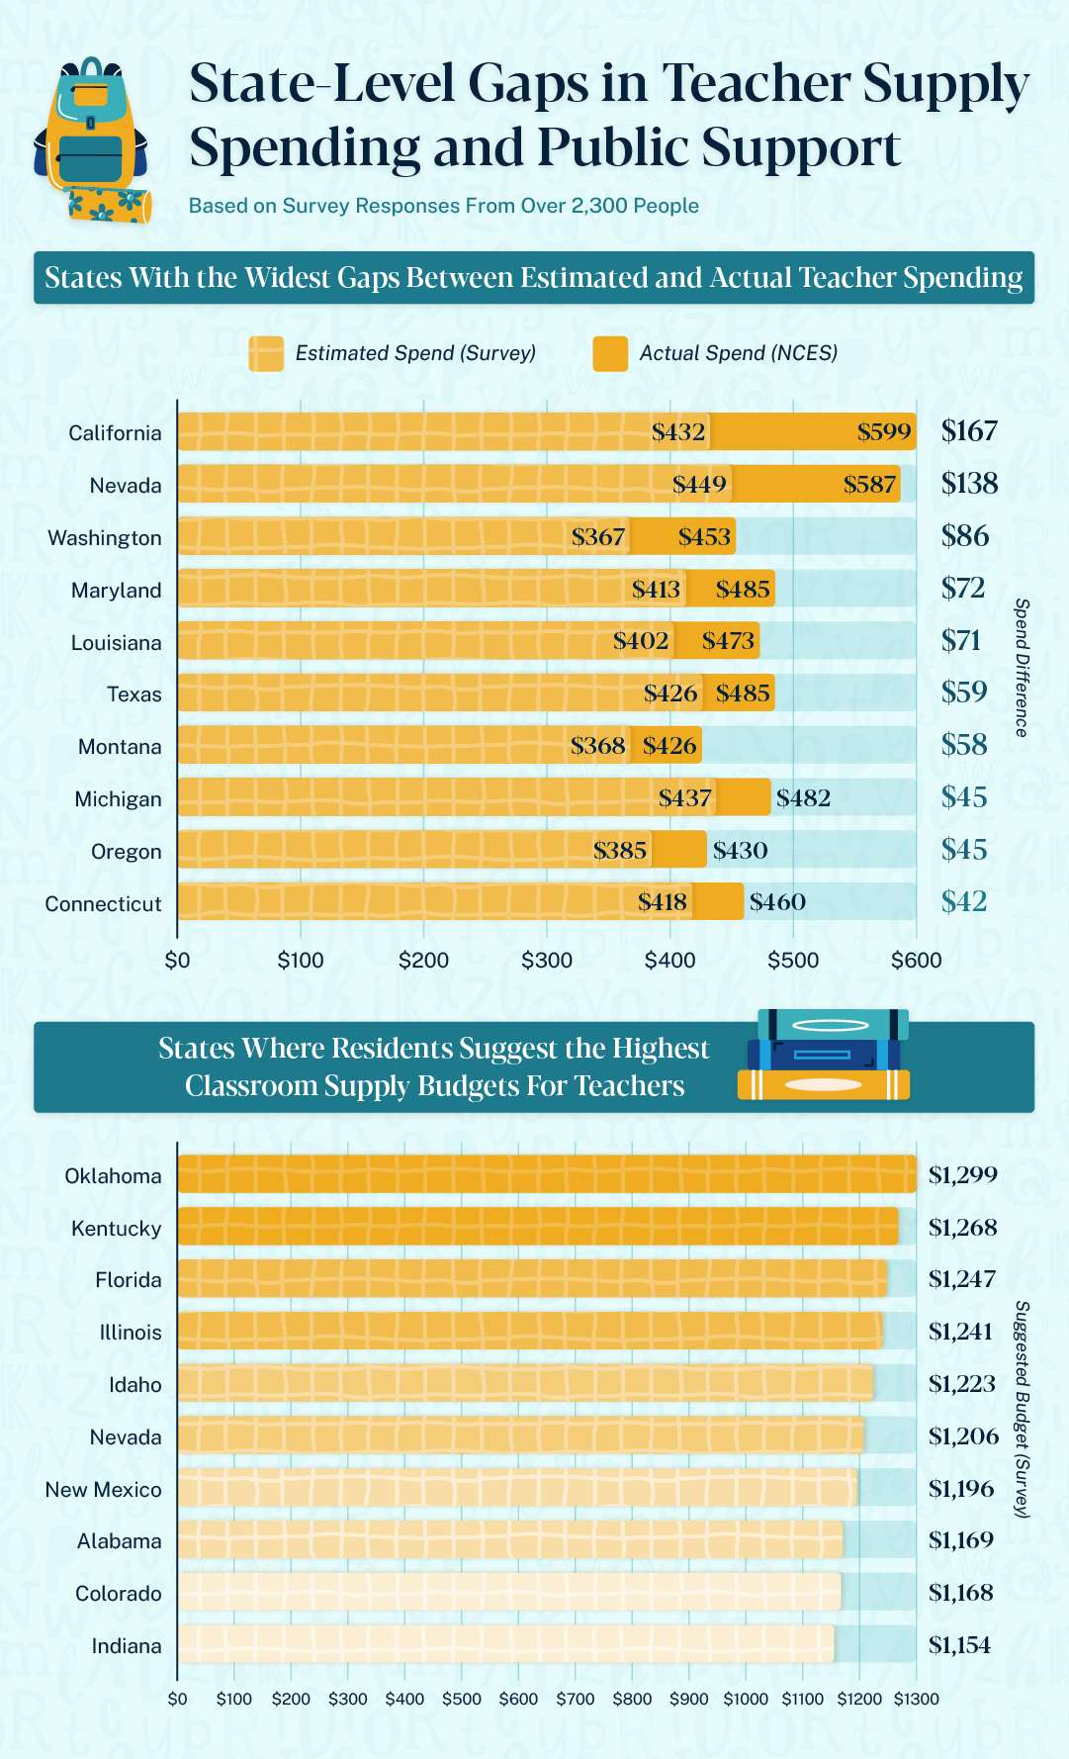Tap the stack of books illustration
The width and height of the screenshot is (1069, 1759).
click(824, 1056)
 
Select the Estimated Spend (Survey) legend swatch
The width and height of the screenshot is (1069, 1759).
click(266, 354)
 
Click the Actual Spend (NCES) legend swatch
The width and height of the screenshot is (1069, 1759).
click(610, 354)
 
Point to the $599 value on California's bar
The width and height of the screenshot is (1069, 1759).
click(883, 432)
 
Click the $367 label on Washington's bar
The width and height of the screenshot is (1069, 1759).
click(598, 537)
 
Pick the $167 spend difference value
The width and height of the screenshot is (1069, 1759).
click(969, 431)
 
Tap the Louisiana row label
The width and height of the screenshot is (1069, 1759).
click(116, 643)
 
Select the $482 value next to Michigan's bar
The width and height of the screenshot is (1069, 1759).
click(803, 798)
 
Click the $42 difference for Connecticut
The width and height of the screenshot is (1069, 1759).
click(964, 902)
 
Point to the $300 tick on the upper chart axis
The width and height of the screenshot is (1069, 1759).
click(547, 961)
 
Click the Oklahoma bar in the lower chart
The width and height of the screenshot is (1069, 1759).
click(546, 1174)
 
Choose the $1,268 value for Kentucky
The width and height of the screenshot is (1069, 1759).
click(962, 1228)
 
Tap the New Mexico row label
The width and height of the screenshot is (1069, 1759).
click(103, 1490)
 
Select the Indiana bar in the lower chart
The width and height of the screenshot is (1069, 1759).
click(505, 1644)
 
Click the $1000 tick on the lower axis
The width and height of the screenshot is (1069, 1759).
click(745, 1700)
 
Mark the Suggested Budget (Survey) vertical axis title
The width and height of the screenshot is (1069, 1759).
click(1023, 1410)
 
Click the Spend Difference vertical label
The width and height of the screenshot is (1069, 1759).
click(1023, 668)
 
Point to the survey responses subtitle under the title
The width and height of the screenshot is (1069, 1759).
click(444, 206)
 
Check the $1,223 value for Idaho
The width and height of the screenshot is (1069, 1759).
click(961, 1384)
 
